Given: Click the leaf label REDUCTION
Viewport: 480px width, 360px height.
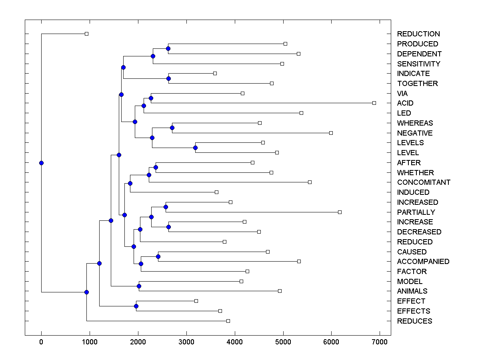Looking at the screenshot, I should point(418,34).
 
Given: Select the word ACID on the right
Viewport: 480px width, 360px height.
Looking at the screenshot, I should point(405,103).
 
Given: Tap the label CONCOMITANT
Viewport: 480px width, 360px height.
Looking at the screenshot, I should point(424,182).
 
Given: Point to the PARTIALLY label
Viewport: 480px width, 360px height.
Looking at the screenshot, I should point(416,212).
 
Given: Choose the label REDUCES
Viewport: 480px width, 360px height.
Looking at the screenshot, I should point(414,321).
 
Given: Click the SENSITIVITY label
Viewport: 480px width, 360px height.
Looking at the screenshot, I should point(418,64).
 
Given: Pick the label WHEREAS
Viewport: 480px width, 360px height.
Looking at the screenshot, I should point(415,123).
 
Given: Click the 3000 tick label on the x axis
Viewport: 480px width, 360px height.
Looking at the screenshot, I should point(186,342).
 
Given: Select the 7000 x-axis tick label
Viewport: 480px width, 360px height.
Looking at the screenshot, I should point(380,342).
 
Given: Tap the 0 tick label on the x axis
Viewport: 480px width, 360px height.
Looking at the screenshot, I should point(41,342).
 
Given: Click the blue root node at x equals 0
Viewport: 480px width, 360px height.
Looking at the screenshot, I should point(41,163).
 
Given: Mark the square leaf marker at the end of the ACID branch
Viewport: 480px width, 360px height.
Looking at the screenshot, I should point(374,103).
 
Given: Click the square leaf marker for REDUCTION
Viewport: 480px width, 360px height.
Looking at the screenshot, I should point(86,34).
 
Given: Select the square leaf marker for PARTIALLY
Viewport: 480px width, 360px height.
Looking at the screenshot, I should point(340,212).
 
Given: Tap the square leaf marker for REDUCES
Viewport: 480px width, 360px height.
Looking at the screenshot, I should point(228,321).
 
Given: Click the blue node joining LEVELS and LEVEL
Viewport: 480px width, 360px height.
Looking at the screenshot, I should point(195,148).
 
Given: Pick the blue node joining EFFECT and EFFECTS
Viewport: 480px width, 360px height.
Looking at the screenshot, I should point(136,306).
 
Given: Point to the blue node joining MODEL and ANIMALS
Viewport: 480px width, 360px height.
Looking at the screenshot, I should point(139,286).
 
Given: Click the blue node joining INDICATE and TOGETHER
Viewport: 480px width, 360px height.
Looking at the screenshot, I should point(168,78).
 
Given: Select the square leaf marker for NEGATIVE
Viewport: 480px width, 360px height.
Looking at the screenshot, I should point(331,133).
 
